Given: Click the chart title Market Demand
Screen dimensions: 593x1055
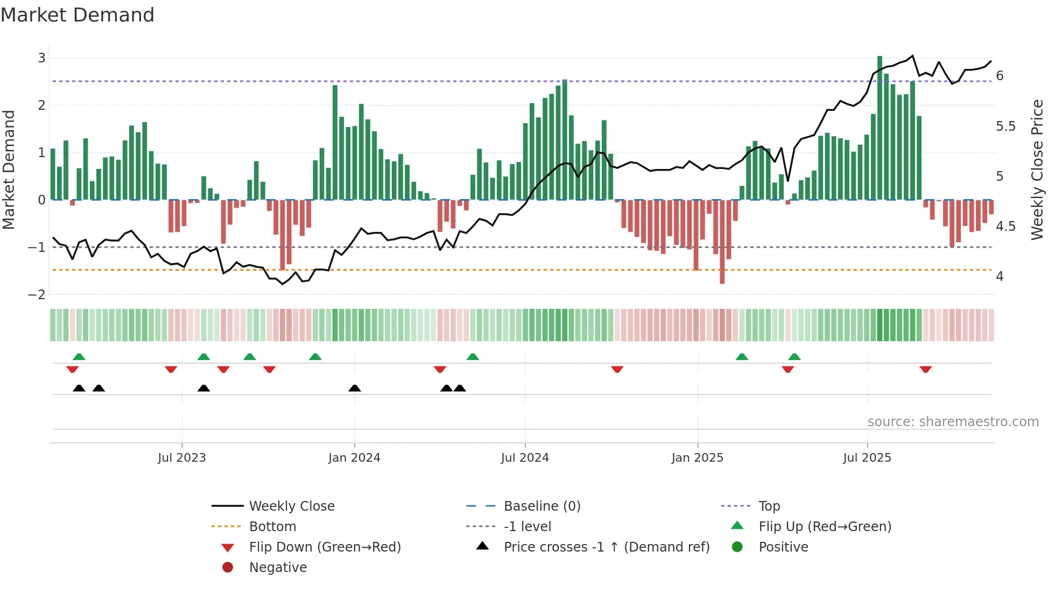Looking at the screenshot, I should [x=78, y=15].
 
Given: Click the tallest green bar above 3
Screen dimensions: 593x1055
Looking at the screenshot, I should [x=880, y=128].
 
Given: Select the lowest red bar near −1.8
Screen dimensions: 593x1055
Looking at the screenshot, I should [x=722, y=242].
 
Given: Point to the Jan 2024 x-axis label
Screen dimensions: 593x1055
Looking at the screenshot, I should [x=354, y=458].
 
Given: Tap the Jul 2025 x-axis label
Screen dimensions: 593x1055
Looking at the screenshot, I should [x=867, y=458].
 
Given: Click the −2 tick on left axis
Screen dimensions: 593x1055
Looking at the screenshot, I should [x=37, y=294].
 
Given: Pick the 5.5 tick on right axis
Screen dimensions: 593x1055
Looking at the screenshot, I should [x=1005, y=126].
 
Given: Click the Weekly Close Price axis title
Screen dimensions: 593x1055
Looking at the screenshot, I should [x=1037, y=170].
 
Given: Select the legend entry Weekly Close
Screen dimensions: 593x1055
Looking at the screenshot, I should [x=291, y=506].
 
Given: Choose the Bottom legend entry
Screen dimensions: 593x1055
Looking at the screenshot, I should [x=272, y=527].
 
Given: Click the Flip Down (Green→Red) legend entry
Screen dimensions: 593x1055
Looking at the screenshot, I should [x=325, y=547].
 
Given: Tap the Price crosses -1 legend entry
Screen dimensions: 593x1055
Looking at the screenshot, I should [x=606, y=547].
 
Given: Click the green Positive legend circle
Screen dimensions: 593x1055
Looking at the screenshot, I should [x=737, y=547].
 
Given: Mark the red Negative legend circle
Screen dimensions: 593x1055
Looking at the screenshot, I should [x=228, y=568].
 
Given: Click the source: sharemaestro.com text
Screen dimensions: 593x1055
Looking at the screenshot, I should [x=953, y=422].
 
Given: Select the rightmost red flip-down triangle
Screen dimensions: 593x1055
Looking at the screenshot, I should [x=926, y=369].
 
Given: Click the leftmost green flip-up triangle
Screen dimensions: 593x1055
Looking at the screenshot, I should [x=79, y=357].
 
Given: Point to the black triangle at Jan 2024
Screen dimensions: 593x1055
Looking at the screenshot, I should [x=354, y=389].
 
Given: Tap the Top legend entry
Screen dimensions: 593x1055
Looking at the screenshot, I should [x=769, y=506].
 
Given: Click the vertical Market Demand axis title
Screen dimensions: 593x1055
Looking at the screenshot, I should [x=9, y=170].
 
